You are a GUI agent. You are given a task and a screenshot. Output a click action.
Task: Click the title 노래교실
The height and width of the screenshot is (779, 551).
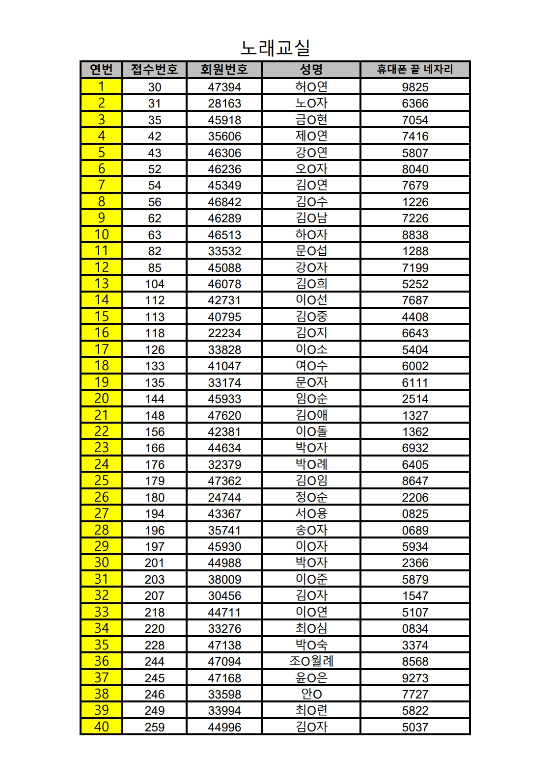point(275,48)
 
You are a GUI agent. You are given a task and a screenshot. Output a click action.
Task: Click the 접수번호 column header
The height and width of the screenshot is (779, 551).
point(154,69)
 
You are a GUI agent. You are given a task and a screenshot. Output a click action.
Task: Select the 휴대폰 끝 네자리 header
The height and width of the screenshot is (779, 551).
point(415,69)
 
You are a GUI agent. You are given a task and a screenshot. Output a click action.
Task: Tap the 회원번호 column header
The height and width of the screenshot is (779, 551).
point(224,69)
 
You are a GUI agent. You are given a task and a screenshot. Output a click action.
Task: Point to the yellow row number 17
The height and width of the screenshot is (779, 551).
point(101,349)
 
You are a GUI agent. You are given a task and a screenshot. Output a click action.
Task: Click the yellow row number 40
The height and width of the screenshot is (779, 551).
point(101,727)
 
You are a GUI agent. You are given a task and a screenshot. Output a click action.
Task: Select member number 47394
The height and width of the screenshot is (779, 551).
point(224,87)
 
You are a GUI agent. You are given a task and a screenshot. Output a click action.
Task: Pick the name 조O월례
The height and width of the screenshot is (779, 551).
point(311,661)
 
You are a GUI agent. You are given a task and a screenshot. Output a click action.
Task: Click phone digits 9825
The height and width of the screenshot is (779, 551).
point(415,87)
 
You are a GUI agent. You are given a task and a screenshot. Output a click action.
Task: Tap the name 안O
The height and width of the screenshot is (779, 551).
point(311,694)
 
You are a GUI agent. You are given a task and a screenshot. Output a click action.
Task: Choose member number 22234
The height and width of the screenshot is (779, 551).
point(224,333)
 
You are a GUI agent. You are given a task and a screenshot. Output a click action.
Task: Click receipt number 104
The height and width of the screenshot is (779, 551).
point(154,284)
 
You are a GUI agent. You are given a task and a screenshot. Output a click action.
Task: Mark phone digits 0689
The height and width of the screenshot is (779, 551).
point(415,530)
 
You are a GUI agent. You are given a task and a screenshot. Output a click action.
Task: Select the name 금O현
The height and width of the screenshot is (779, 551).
point(311,120)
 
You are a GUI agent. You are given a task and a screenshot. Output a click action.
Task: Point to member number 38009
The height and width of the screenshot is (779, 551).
point(224,579)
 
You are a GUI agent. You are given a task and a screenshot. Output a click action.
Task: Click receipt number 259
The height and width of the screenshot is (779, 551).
point(154,727)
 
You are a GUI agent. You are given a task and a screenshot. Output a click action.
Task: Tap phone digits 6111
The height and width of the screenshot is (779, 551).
point(415,382)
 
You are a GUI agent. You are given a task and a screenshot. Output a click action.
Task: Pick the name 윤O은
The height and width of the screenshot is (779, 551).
point(311,678)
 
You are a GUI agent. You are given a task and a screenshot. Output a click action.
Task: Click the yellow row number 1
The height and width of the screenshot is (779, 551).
point(101,87)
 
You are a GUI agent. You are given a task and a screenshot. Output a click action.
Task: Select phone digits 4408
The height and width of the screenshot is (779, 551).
point(415,317)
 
